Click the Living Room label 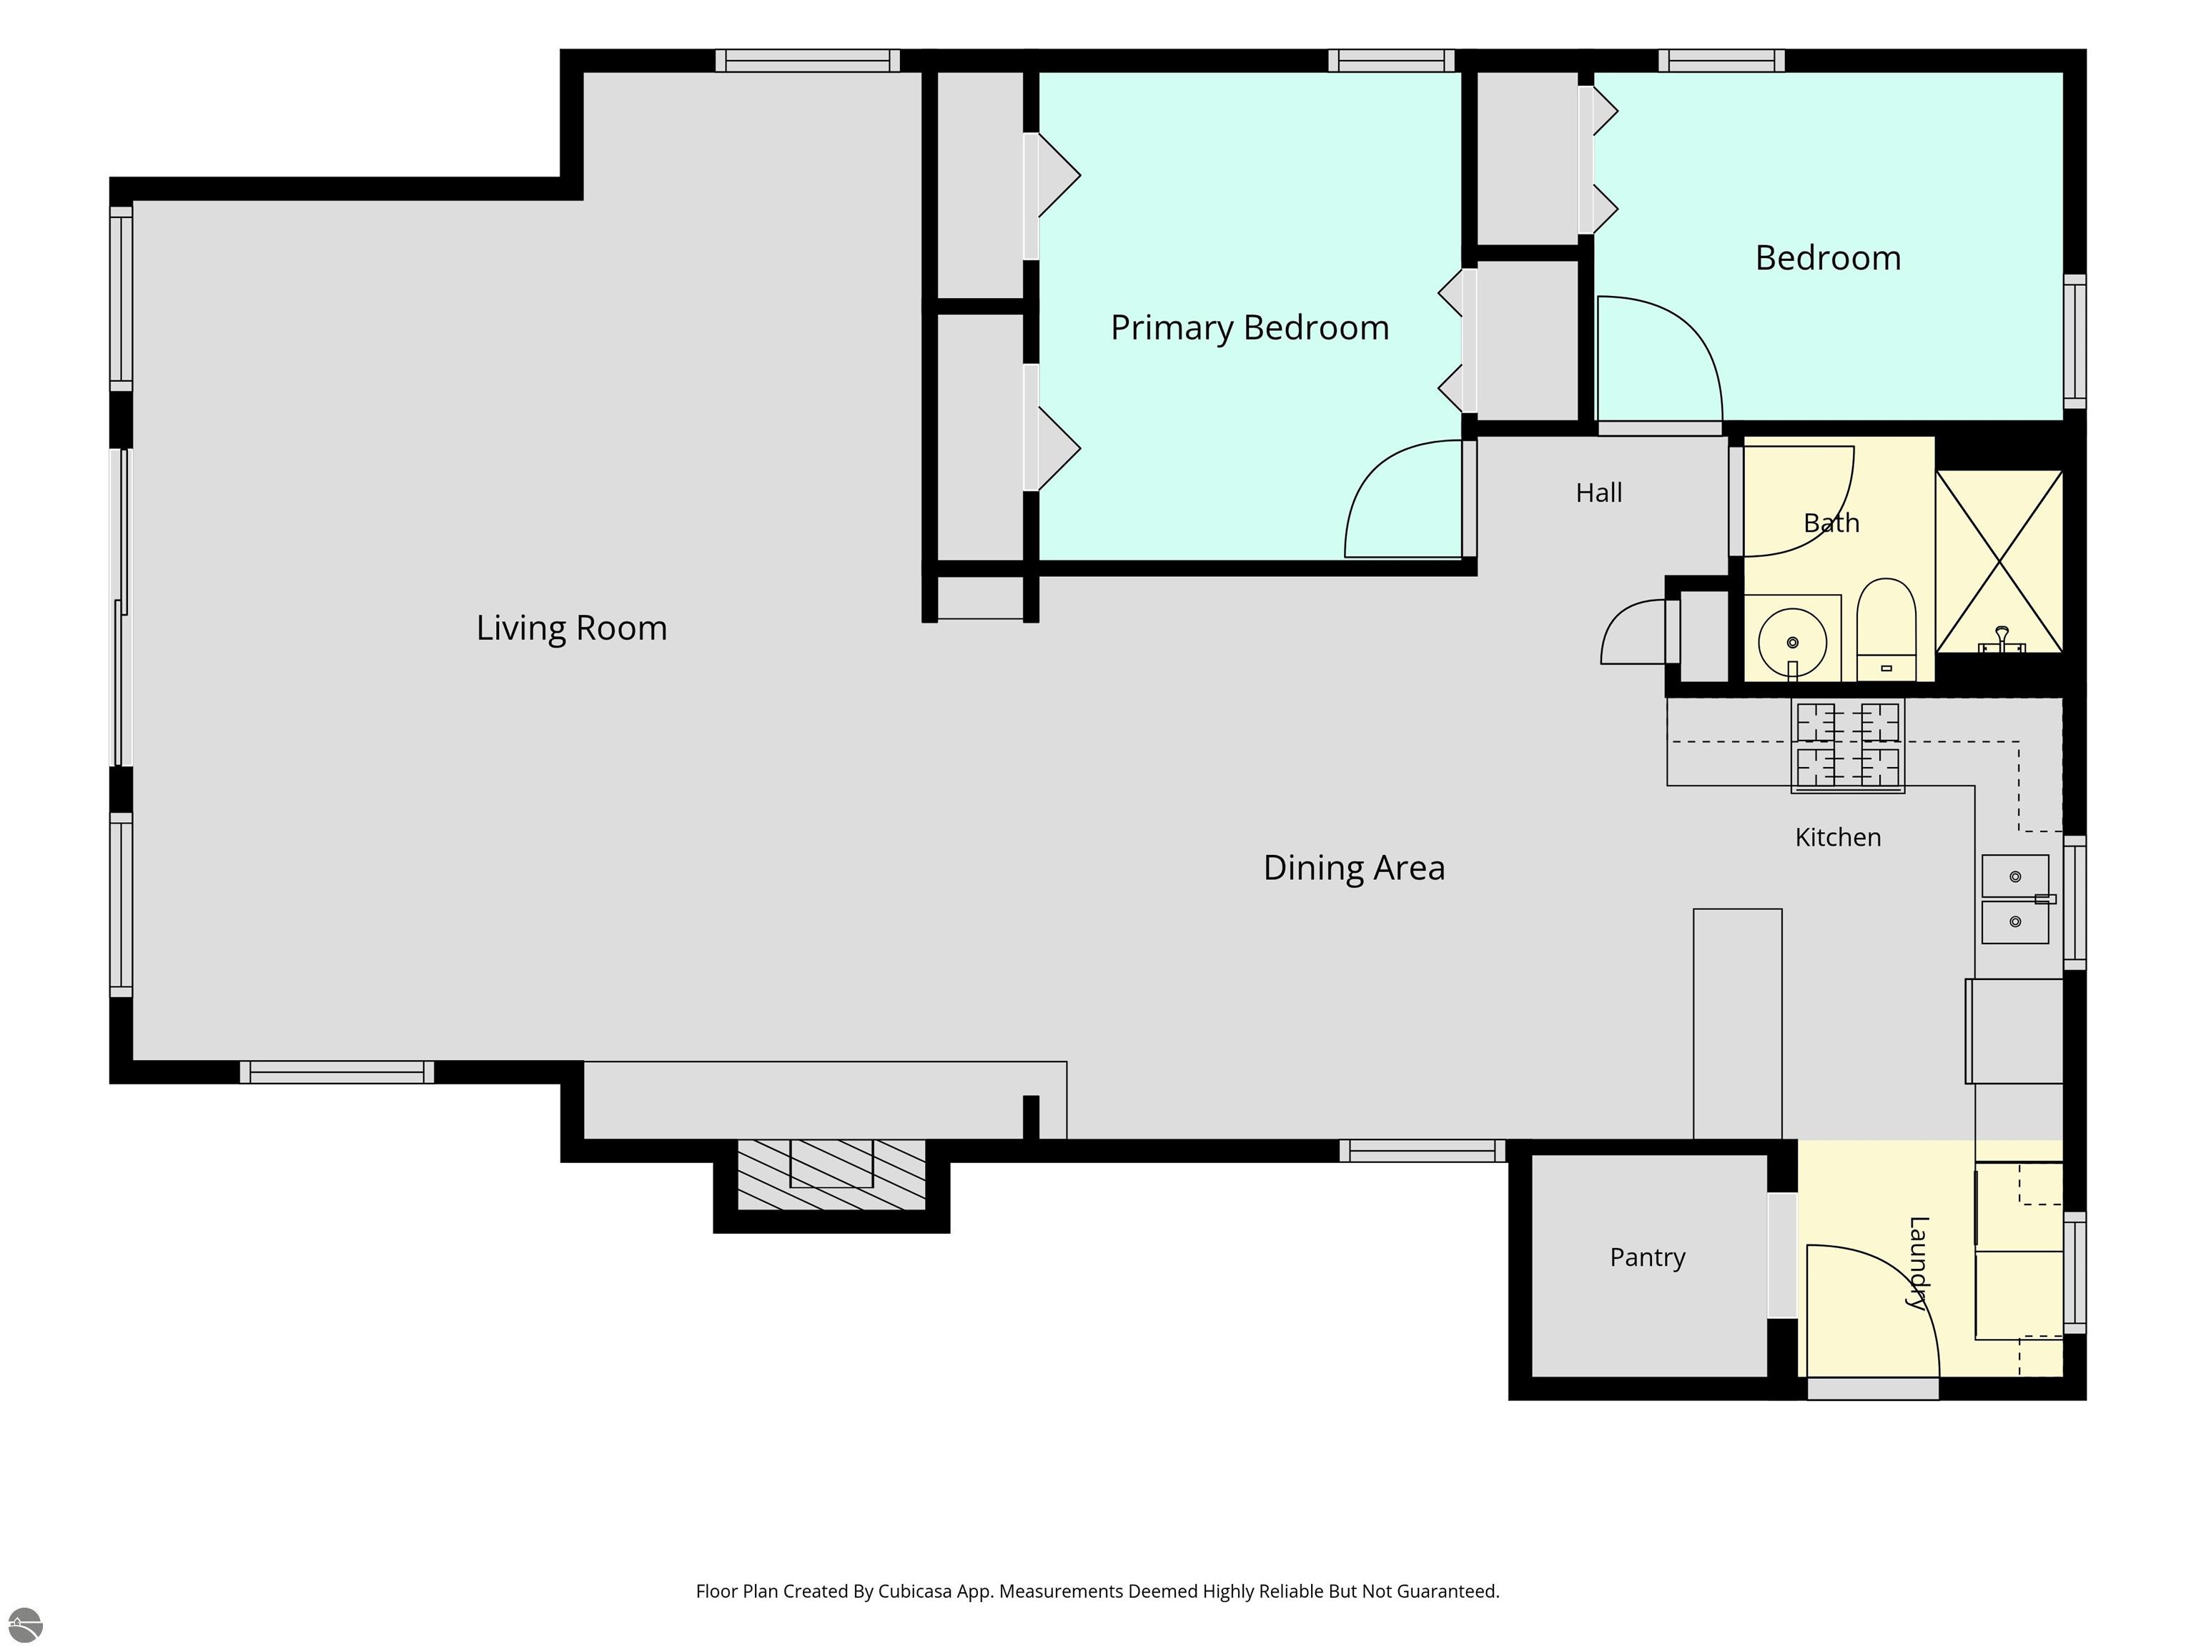click(x=572, y=628)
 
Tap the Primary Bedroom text click(x=1250, y=327)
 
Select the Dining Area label click(x=1354, y=868)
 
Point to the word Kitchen click(x=1838, y=837)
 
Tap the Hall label click(x=1598, y=493)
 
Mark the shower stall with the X click(x=1999, y=561)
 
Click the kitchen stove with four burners click(x=1848, y=746)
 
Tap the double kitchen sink click(x=2015, y=899)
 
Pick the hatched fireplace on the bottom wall click(x=831, y=1174)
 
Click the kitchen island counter click(x=1737, y=1024)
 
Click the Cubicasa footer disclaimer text click(x=1097, y=1591)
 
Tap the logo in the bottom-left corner click(x=25, y=1625)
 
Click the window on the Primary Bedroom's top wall click(x=1392, y=61)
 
